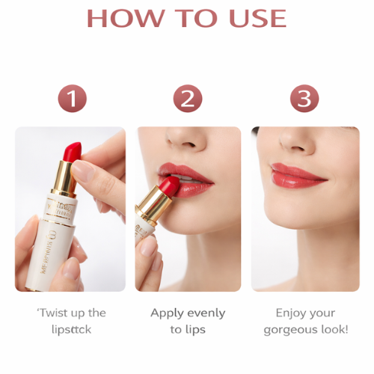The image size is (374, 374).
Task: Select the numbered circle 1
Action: pyautogui.click(x=72, y=99)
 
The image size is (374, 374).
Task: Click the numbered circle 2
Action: pyautogui.click(x=188, y=99)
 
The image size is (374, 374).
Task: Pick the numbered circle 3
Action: pyautogui.click(x=304, y=99)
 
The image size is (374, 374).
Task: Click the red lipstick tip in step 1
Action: pyautogui.click(x=72, y=153)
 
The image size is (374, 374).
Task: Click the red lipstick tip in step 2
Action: pyautogui.click(x=169, y=186)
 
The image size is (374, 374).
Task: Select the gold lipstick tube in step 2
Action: pyautogui.click(x=154, y=209)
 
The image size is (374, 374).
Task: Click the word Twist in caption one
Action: pyautogui.click(x=53, y=313)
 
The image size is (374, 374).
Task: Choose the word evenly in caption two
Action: pyautogui.click(x=206, y=313)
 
